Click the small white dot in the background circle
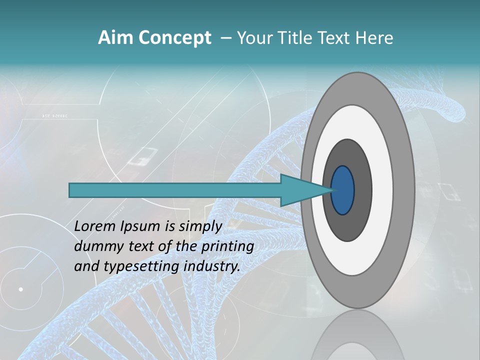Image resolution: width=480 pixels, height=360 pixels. pos(21,289)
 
